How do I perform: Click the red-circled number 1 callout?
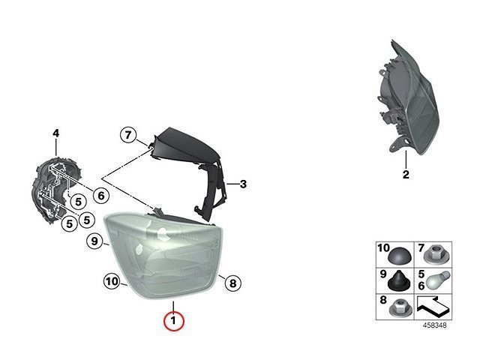tap(173, 321)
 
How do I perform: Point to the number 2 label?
tap(406, 175)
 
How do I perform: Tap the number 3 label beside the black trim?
tap(243, 184)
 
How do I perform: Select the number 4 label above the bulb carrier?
tap(55, 133)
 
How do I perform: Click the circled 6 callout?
tap(101, 195)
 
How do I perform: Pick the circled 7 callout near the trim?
tap(128, 135)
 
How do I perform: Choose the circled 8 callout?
tap(233, 283)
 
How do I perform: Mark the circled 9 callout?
tap(94, 241)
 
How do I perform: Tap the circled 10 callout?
tap(112, 281)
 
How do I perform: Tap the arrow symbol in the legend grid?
tap(433, 307)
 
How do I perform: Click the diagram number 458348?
tap(435, 325)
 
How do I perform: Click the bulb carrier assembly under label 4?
tap(57, 190)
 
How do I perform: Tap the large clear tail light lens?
tap(164, 256)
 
